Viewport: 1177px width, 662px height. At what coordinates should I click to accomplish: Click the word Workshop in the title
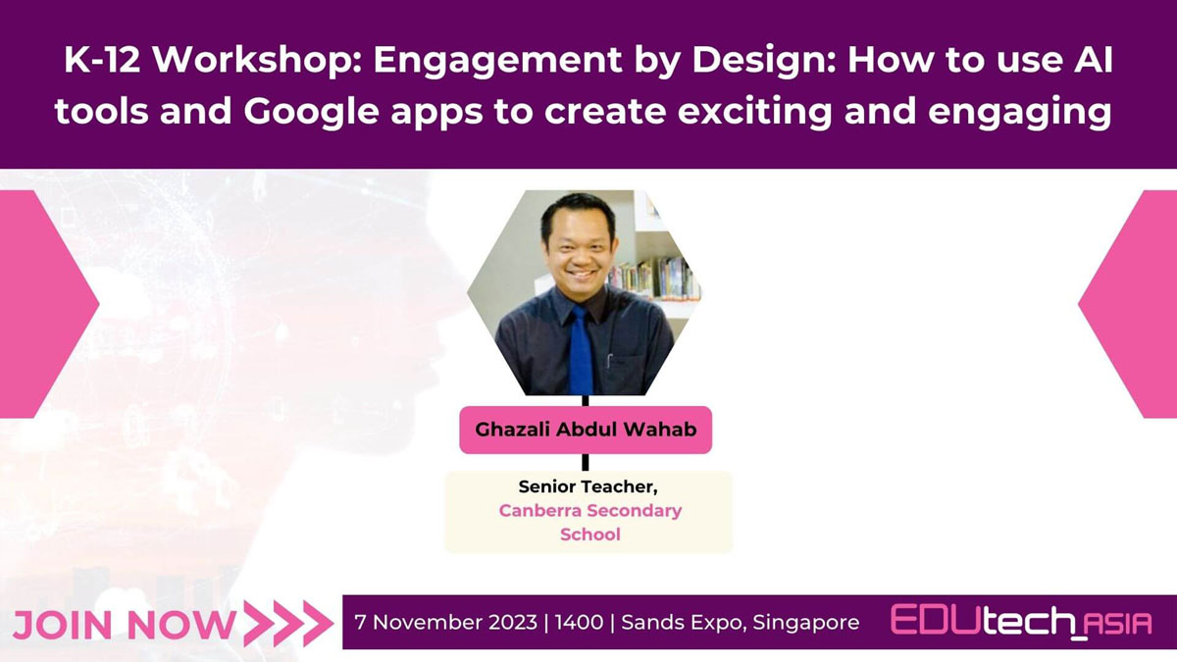point(256,60)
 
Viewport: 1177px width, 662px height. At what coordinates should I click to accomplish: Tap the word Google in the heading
point(311,112)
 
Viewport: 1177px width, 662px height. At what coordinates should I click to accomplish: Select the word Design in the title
point(757,60)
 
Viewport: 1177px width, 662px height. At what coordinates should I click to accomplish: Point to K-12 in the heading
point(102,60)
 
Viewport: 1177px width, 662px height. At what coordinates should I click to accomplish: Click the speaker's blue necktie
point(581,351)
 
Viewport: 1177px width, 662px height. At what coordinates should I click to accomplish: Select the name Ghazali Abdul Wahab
point(586,430)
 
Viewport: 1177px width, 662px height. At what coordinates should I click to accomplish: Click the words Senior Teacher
point(588,487)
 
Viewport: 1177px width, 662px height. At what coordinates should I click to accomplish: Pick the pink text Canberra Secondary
point(590,510)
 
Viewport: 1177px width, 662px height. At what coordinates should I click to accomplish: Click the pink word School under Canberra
point(590,535)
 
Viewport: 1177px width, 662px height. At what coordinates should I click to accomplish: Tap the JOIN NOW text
point(124,626)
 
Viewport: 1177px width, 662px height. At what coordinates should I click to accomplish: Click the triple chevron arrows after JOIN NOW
point(288,624)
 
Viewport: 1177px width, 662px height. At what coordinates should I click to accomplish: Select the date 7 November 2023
point(445,623)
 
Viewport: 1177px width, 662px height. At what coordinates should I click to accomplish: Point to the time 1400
point(579,623)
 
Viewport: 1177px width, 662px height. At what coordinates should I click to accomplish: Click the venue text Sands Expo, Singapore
point(740,623)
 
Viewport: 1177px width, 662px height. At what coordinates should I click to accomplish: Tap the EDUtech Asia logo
point(1021,622)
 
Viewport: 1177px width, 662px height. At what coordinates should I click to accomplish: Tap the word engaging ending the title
point(1019,113)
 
